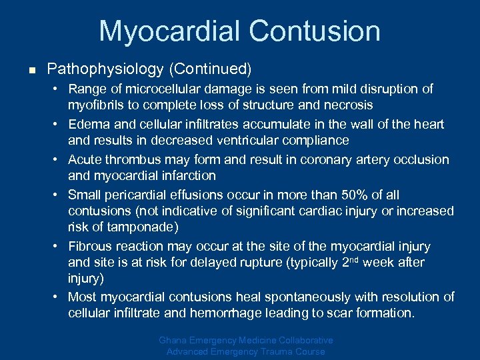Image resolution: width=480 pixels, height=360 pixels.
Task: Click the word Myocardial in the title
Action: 169,31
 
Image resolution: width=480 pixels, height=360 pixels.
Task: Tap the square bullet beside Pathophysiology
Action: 31,69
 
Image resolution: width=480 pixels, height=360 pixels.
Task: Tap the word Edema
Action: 87,124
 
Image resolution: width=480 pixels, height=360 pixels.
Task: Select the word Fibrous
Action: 91,246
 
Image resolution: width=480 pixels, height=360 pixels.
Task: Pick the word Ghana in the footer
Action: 173,340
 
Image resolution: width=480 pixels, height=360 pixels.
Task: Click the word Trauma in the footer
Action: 275,351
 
